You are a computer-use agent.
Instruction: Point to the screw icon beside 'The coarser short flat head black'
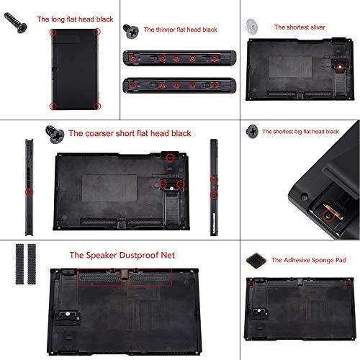(x=55, y=133)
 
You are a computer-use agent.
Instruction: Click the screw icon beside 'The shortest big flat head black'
(x=252, y=131)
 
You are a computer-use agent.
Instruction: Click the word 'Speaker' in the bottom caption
(x=102, y=255)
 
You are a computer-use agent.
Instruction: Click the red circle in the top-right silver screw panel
(x=340, y=68)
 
